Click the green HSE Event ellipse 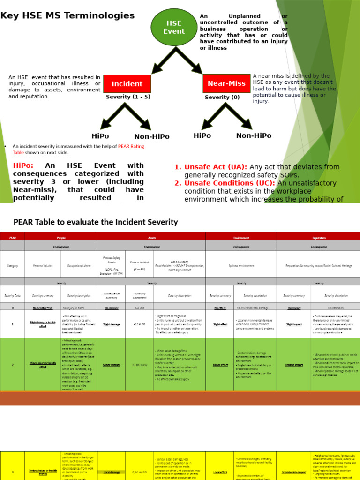coord(174,27)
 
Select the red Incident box coord(127,84)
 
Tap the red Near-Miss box coord(226,83)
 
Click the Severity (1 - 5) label coord(128,97)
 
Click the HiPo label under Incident coord(100,136)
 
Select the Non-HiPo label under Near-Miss coord(254,135)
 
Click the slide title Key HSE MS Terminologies coord(67,15)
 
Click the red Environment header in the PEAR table coord(241,238)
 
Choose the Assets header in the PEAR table coord(151,238)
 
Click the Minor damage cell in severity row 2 coord(111,364)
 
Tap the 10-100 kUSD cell coord(140,364)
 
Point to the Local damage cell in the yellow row coord(111,472)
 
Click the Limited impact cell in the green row coord(293,364)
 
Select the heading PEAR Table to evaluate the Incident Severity coord(96,222)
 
